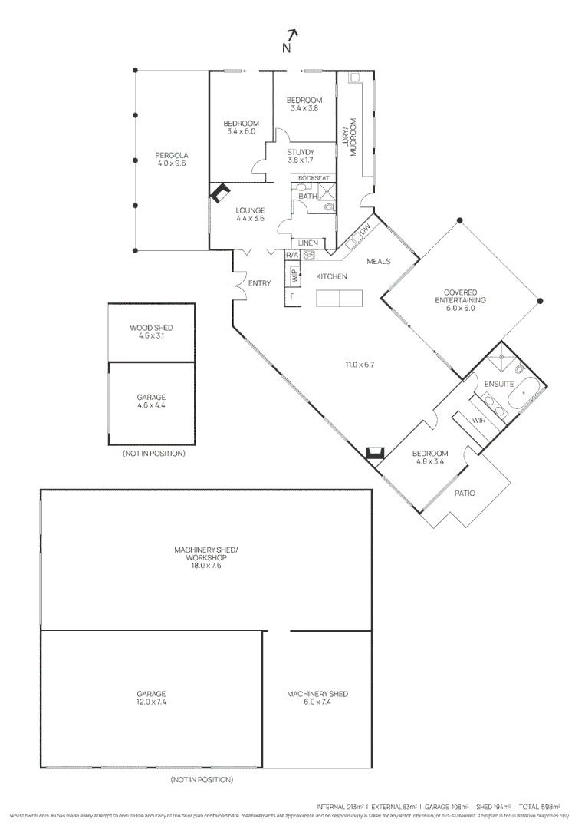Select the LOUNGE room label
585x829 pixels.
pyautogui.click(x=250, y=210)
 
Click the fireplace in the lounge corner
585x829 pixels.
pyautogui.click(x=220, y=192)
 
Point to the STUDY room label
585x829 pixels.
pyautogui.click(x=301, y=152)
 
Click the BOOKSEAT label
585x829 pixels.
pyautogui.click(x=314, y=178)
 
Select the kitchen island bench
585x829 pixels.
pyautogui.click(x=340, y=298)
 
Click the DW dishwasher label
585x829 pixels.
pyautogui.click(x=366, y=229)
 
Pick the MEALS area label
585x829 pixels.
pyautogui.click(x=379, y=262)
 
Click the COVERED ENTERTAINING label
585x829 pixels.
pyautogui.click(x=460, y=292)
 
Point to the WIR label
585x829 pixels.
pyautogui.click(x=480, y=421)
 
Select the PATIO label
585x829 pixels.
pyautogui.click(x=465, y=493)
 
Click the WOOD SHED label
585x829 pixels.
pyautogui.click(x=151, y=328)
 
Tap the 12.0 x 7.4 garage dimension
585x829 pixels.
pyautogui.click(x=151, y=702)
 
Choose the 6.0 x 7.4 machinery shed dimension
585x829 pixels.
pyautogui.click(x=317, y=702)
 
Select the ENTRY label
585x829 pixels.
pyautogui.click(x=259, y=283)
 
